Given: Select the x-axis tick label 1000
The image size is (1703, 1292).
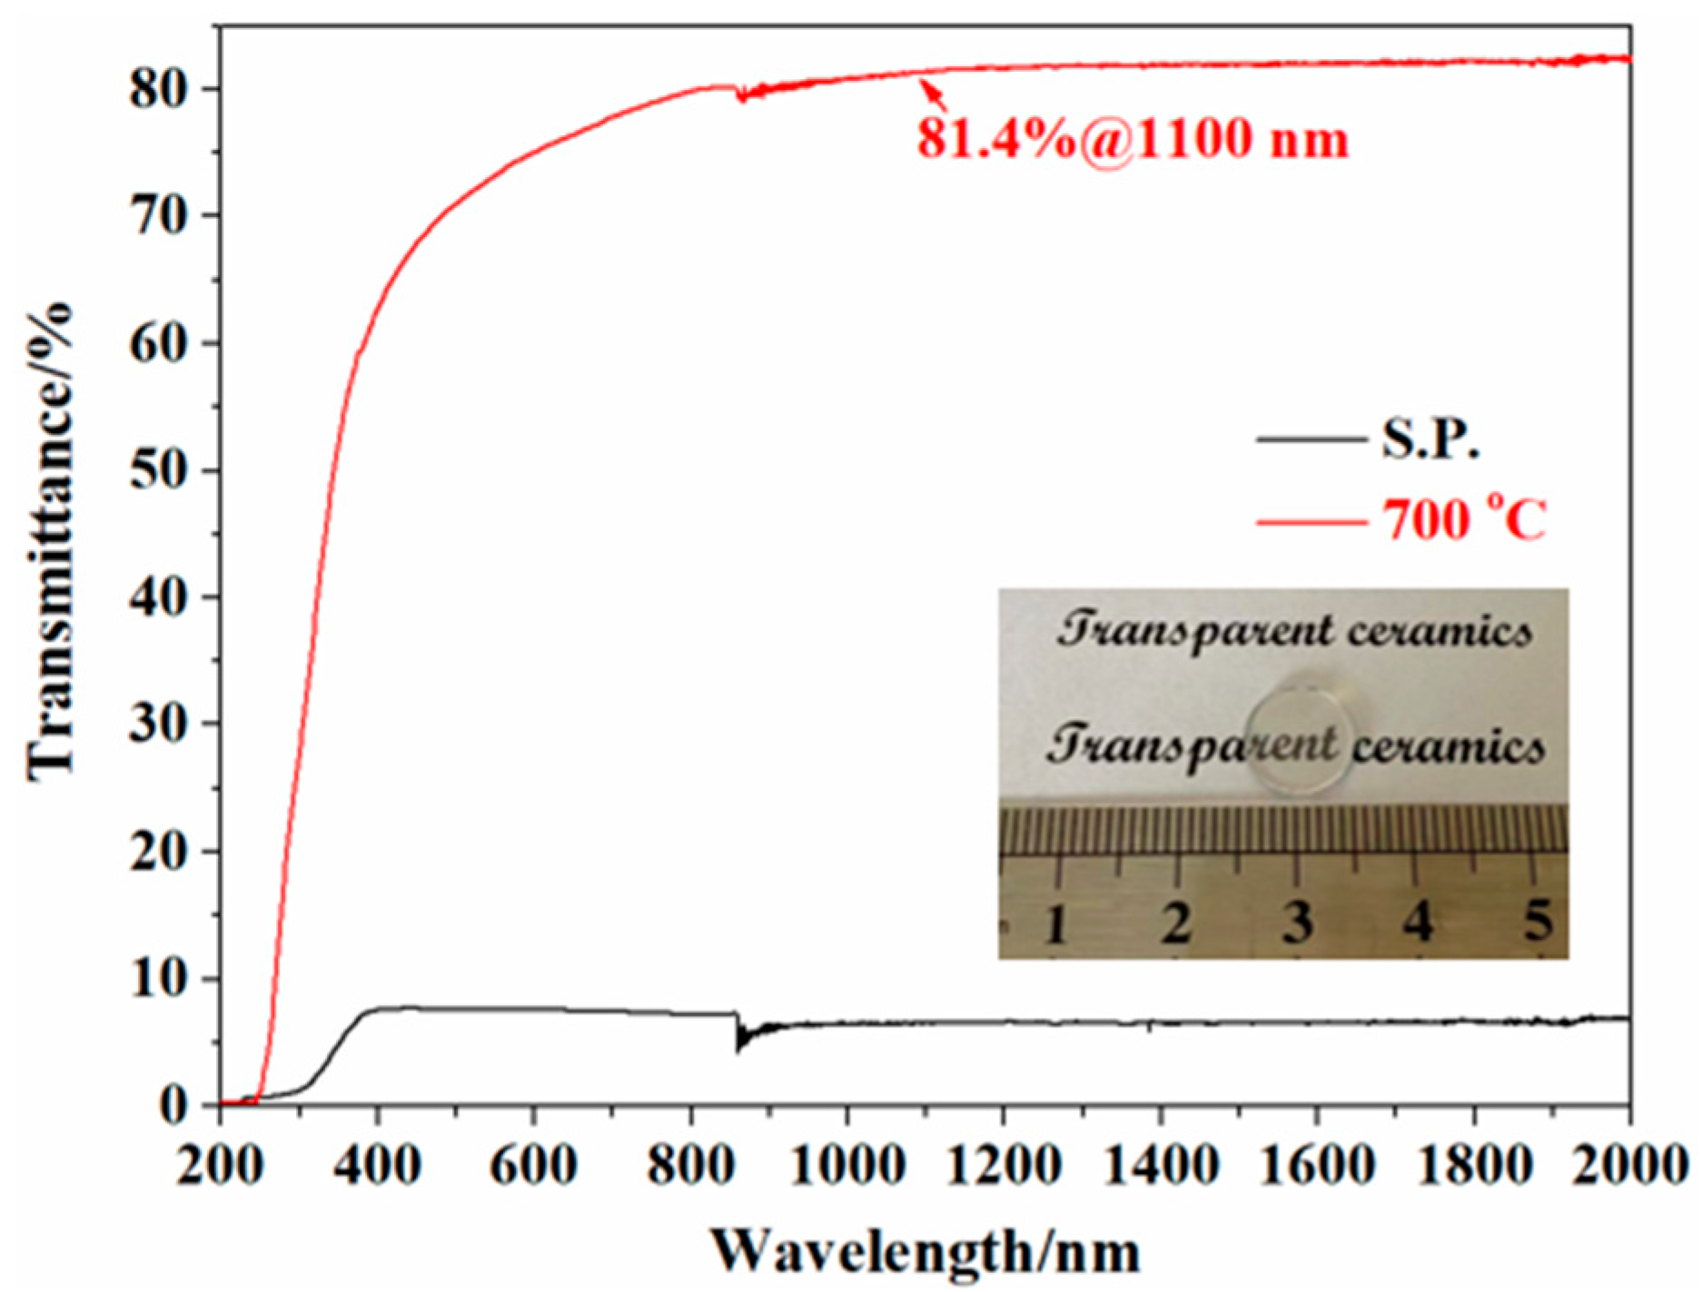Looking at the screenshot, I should pos(847,1164).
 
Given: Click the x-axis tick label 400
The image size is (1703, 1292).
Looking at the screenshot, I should pos(376,1164).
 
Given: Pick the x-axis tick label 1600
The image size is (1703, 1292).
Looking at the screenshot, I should pos(1317,1164).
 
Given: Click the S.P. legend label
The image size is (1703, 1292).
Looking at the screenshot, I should pos(1431,439).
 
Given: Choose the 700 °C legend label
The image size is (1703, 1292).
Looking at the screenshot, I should pos(1463,520).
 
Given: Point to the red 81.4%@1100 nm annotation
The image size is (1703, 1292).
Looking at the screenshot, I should pos(1132,140).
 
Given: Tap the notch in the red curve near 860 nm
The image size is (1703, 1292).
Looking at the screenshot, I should pos(741,95).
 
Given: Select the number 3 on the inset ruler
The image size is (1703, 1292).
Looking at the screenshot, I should pos(1297,922).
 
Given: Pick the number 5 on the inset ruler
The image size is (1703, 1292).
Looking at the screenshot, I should pos(1537,920).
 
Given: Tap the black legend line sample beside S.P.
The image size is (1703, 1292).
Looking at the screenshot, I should pos(1311,439).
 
